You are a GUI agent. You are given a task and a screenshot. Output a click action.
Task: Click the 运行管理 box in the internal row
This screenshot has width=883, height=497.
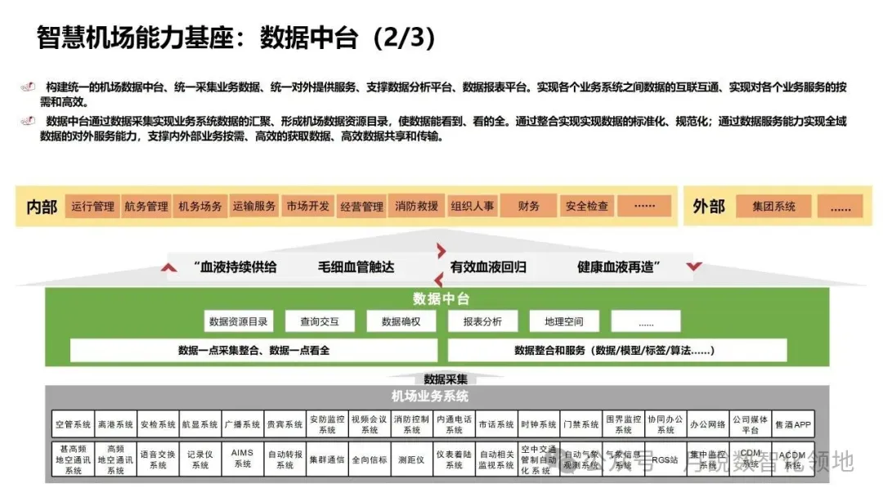pos(92,206)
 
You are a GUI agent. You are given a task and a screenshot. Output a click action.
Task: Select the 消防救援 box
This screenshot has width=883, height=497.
pos(416,206)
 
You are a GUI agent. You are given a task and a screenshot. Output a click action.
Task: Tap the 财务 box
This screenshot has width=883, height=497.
pos(529,206)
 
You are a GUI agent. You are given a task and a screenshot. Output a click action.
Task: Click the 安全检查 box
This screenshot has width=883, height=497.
pos(587,206)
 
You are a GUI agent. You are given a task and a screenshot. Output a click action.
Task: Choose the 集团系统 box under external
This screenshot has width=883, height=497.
pos(773,206)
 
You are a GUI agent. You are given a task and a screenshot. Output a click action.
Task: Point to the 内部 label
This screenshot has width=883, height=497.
pos(42,206)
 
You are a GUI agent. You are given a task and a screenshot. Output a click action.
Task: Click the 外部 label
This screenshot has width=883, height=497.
pos(709,206)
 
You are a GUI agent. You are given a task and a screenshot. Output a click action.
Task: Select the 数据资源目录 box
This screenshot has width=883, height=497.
pos(237,321)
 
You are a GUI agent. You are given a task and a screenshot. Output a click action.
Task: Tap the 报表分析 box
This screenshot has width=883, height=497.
pos(482,321)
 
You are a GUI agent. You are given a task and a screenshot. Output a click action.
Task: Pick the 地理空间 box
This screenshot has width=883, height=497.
pos(564,321)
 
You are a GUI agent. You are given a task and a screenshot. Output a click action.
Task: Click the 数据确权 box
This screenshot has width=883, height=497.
pos(401,321)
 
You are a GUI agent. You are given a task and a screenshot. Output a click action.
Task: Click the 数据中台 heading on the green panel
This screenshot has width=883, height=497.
pos(441,299)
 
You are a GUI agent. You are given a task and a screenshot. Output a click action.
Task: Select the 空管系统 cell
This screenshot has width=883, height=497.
pos(73,424)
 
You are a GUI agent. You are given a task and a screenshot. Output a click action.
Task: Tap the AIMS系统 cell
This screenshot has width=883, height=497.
pos(243,459)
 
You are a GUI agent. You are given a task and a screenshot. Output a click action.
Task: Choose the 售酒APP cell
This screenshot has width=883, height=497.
pos(793,424)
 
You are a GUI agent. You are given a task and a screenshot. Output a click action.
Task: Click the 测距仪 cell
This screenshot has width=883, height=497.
pos(411,459)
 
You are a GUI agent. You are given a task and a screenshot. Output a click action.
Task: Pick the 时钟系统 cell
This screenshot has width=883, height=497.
pos(539,424)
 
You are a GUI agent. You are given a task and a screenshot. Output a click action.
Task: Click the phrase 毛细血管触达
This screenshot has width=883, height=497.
pos(356,266)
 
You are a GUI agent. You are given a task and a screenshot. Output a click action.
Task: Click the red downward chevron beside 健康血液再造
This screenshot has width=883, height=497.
pos(694,266)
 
